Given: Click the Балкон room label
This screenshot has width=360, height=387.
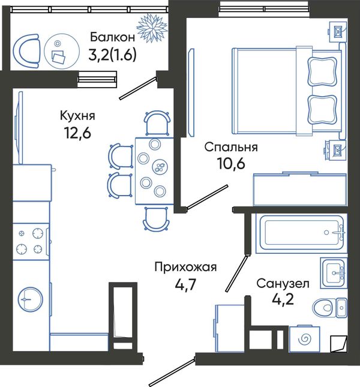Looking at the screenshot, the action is [113, 37].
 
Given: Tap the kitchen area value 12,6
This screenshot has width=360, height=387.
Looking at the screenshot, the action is [78, 133].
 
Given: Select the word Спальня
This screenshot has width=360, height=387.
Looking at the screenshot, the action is [231, 148].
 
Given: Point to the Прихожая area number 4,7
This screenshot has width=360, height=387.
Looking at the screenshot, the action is [185, 285].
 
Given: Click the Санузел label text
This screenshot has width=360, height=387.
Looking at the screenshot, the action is [283, 284].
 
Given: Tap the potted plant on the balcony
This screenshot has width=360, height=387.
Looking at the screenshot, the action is [152, 28].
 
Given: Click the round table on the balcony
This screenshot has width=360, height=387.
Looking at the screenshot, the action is [62, 51].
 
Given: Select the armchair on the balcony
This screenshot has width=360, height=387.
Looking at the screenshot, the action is [26, 51].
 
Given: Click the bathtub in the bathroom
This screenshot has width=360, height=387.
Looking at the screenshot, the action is [301, 233].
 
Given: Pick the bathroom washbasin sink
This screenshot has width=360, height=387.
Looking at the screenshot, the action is [334, 273].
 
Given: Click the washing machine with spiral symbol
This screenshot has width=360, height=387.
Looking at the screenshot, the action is [304, 339].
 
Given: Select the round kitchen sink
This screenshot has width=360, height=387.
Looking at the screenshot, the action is [31, 299].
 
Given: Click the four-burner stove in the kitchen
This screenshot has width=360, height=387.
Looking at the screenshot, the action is [31, 241].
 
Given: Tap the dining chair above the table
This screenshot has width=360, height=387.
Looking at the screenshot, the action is [157, 123].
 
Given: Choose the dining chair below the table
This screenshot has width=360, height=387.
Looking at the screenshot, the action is [157, 219].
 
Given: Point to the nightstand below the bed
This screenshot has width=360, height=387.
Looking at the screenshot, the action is [337, 150].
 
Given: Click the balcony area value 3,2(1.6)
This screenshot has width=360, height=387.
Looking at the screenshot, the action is [112, 55].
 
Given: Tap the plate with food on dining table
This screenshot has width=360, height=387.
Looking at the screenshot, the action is [160, 166].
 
